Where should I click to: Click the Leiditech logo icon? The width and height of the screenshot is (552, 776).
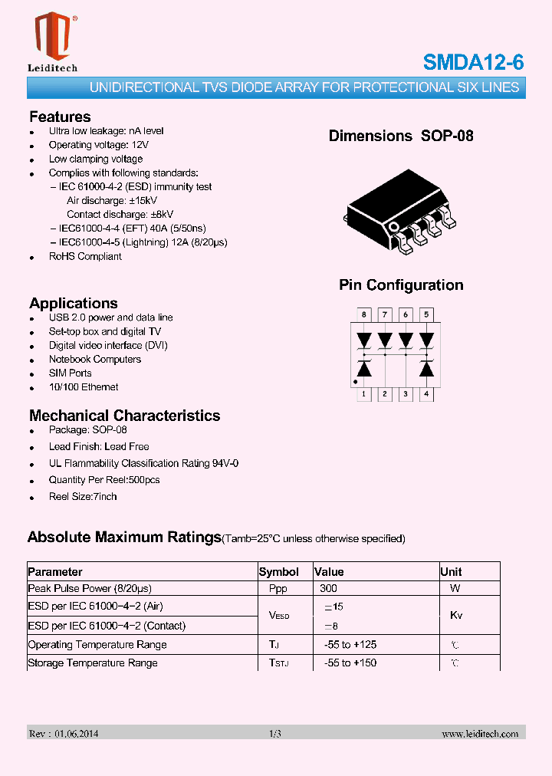tap(52, 36)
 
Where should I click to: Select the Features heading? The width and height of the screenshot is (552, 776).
tap(60, 117)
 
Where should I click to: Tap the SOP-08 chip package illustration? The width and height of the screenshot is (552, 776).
tap(400, 209)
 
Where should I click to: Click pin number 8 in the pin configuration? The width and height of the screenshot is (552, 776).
tap(364, 314)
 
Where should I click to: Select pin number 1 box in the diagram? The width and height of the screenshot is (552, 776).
tap(364, 395)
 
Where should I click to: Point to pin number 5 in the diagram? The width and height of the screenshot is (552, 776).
tap(427, 314)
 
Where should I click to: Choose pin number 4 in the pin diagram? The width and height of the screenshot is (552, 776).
tap(427, 395)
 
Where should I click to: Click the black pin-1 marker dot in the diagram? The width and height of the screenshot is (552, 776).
tap(355, 381)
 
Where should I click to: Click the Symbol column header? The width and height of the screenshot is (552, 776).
tap(279, 572)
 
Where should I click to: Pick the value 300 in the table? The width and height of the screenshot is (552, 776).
tap(328, 589)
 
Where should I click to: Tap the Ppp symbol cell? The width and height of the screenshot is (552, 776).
tap(278, 589)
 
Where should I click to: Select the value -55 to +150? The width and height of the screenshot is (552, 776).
tap(350, 663)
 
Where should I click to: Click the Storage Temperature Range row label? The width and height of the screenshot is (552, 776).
tap(93, 663)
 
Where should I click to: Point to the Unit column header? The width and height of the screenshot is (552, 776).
tap(451, 572)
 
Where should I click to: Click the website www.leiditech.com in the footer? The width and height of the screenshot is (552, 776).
tap(480, 734)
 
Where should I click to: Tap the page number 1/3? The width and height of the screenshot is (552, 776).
tap(275, 734)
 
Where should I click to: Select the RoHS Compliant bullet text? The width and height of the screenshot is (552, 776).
tap(85, 256)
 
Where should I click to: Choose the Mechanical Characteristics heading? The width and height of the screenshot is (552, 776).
tap(124, 416)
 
